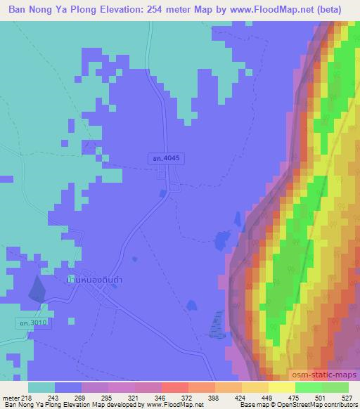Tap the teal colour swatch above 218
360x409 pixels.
[41, 387]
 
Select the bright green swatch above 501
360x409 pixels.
[308, 387]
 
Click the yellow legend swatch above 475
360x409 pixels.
[281, 387]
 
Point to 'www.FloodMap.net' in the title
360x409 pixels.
[278, 8]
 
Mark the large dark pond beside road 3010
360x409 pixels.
[34, 288]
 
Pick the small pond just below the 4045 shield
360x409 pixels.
[163, 193]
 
